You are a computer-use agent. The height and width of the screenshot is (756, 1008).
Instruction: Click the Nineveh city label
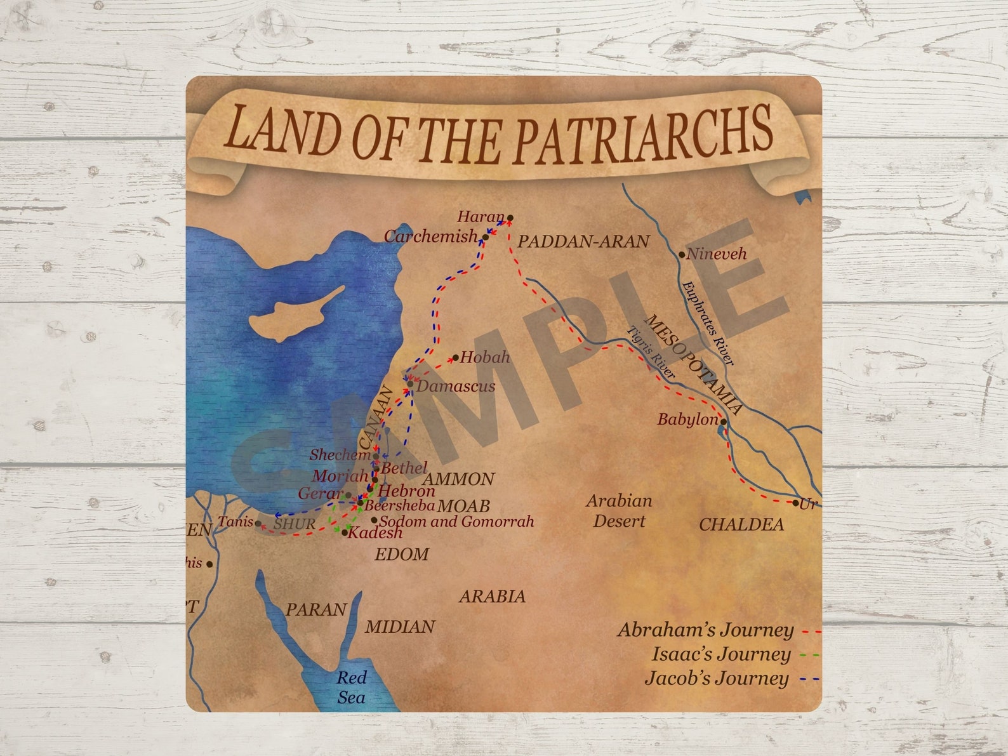[x=717, y=254]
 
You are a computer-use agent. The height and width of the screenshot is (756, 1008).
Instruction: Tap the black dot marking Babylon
[x=723, y=421]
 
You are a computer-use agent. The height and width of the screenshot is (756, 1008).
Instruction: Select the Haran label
[x=481, y=216]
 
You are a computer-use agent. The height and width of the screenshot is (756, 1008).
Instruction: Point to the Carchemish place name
[x=430, y=237]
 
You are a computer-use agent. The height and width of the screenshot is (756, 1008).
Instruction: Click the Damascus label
[x=456, y=386]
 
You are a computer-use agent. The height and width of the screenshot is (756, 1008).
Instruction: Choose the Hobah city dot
[x=455, y=358]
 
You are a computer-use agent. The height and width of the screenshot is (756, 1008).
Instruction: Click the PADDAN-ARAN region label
[x=583, y=241]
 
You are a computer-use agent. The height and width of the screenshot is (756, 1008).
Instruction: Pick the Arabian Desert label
[x=619, y=511]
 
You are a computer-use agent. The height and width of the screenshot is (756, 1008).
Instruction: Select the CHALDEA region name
[x=741, y=524]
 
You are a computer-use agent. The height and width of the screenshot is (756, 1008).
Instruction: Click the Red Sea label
[x=352, y=687]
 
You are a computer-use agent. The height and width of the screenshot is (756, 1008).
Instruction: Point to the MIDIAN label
[x=400, y=627]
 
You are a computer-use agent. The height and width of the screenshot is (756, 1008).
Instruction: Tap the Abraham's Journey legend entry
[x=705, y=630]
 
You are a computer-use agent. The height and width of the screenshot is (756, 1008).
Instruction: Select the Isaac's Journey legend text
[x=721, y=654]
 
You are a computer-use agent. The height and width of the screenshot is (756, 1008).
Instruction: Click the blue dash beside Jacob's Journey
[x=810, y=679]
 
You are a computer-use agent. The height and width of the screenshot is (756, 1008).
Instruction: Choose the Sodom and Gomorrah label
[x=457, y=522]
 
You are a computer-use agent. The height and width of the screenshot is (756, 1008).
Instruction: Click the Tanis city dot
[x=258, y=524]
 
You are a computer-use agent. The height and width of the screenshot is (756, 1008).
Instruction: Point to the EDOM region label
[x=402, y=554]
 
